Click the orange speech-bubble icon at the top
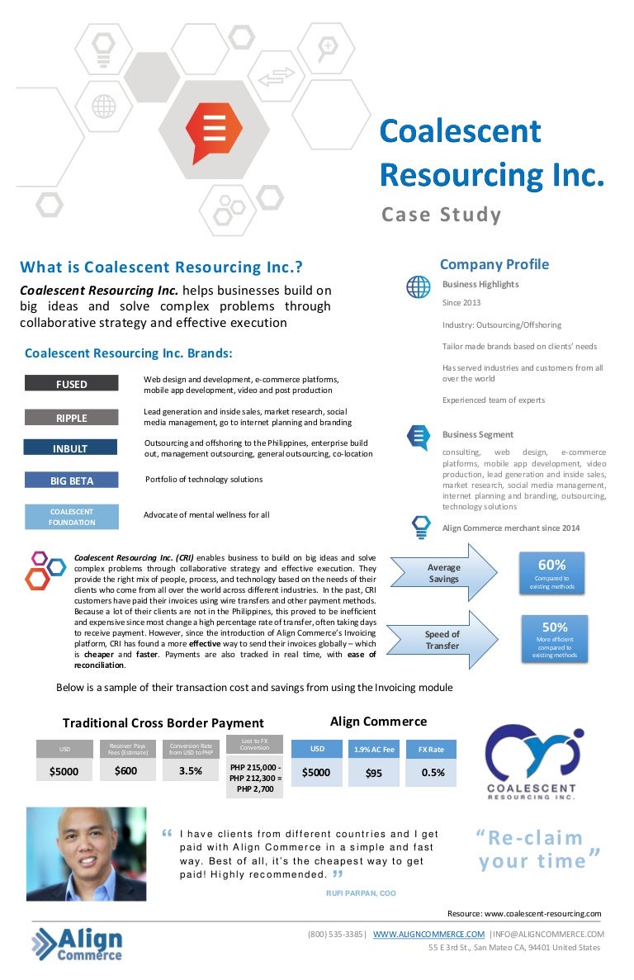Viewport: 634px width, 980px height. pyautogui.click(x=215, y=132)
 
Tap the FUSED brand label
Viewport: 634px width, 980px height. pyautogui.click(x=71, y=384)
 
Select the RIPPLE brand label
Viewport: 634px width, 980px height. pyautogui.click(x=71, y=418)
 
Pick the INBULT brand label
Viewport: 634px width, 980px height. pyautogui.click(x=71, y=448)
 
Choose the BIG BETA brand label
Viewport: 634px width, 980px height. pyautogui.click(x=71, y=481)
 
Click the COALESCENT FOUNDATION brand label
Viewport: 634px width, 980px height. pyautogui.click(x=71, y=517)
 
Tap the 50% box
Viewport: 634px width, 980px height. pyautogui.click(x=554, y=638)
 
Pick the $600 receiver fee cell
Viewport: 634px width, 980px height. pyautogui.click(x=126, y=772)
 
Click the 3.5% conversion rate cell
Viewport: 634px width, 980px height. pyautogui.click(x=190, y=772)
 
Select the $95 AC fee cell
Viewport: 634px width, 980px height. pyautogui.click(x=373, y=774)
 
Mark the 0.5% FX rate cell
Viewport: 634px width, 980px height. pyautogui.click(x=432, y=773)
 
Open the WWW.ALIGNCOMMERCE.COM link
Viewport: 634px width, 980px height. pyautogui.click(x=428, y=934)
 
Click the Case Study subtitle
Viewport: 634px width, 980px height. pyautogui.click(x=441, y=215)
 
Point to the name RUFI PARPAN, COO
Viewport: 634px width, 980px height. pyautogui.click(x=361, y=892)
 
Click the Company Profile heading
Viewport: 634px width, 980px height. pyautogui.click(x=494, y=264)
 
